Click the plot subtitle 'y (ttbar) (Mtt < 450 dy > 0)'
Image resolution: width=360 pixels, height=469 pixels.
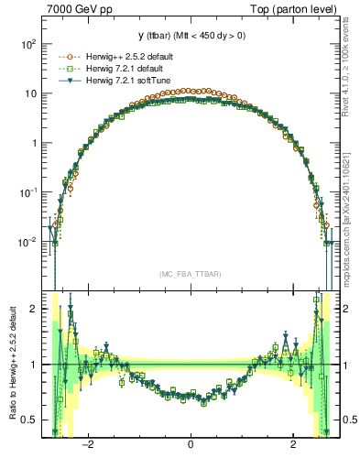pyautogui.click(x=190, y=37)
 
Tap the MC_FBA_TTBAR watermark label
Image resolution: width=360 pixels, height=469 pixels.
pyautogui.click(x=190, y=274)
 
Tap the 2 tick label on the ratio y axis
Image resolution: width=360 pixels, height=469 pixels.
pyautogui.click(x=34, y=309)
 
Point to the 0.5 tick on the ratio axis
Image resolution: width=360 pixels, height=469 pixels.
pyautogui.click(x=29, y=420)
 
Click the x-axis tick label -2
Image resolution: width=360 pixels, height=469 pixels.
pyautogui.click(x=88, y=445)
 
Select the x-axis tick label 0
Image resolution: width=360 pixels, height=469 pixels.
pyautogui.click(x=190, y=445)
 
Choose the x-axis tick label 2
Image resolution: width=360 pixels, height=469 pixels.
pyautogui.click(x=292, y=445)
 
